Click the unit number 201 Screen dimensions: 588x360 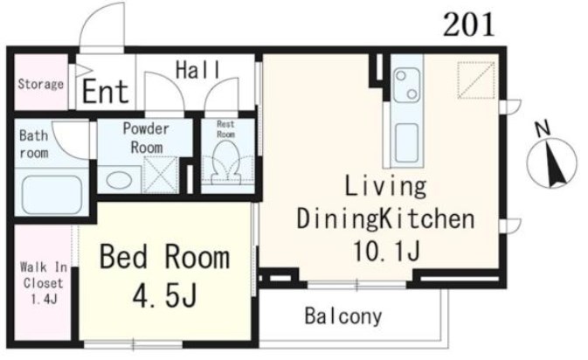pos(469,24)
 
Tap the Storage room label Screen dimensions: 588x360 pos(41,84)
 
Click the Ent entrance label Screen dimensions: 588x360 pos(106,91)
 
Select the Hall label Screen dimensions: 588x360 pos(198,70)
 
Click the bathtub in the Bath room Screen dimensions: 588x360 pos(52,195)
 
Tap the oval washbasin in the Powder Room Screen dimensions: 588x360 pos(119,180)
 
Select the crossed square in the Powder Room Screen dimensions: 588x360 pos(161,175)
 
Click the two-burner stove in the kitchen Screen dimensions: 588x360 pos(407,85)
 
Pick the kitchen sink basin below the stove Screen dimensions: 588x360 pos(406,143)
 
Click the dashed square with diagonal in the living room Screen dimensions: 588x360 pos(476,80)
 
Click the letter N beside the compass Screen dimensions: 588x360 pos(543,128)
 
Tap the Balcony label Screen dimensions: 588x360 pos(343,316)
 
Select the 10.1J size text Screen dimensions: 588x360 pos(387,251)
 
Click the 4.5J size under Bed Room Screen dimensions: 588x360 pos(164,294)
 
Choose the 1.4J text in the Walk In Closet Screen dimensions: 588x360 pos(44,299)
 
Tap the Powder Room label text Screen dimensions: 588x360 pos(146,138)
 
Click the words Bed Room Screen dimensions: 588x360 pos(164,257)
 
